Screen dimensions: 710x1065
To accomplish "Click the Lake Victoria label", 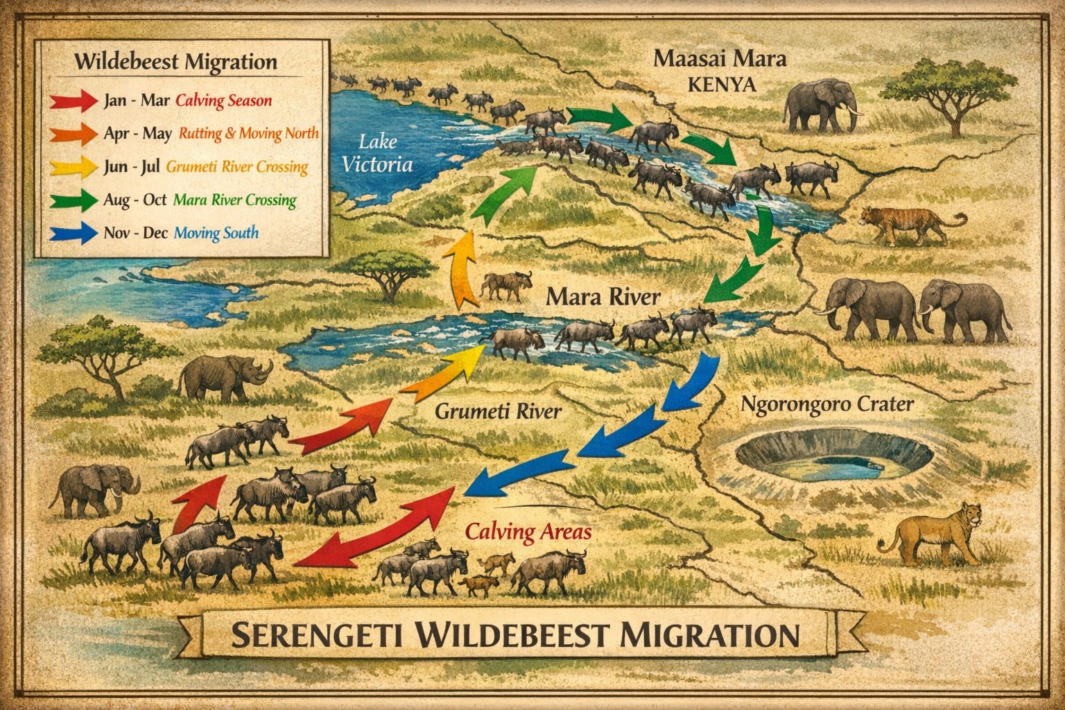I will click(378, 153).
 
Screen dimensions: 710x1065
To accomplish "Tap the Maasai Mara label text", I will click(720, 58).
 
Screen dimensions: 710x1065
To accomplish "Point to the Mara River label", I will click(603, 297).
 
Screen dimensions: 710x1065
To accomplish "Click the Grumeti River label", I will click(498, 411).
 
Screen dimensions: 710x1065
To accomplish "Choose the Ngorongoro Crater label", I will click(827, 404).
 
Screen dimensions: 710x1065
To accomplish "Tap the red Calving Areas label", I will click(528, 532).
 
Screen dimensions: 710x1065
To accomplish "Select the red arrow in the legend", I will click(73, 101).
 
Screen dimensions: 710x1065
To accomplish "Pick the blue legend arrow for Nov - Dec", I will click(73, 232).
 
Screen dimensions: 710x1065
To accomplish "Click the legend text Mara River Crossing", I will click(234, 200).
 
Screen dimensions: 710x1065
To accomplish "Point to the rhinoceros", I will click(225, 378).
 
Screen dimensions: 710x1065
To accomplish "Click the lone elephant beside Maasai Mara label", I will click(823, 105).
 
